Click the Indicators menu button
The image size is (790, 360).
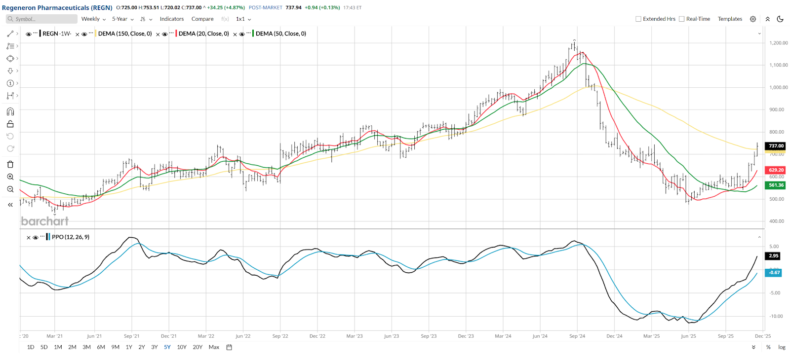171,19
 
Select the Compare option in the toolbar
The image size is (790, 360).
202,19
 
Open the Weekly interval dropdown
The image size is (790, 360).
93,19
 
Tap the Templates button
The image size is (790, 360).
730,19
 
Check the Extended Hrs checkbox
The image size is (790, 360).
638,19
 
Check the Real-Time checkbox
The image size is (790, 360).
682,19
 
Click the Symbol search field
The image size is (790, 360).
42,19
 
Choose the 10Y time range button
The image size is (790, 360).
182,347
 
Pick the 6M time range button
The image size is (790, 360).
101,347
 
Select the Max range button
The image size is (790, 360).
214,347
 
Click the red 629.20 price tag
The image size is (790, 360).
776,170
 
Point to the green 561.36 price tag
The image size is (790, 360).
776,185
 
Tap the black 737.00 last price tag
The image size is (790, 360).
776,146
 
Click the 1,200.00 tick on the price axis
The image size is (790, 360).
779,43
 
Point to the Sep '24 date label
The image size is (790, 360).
577,336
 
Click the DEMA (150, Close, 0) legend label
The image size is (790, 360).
125,34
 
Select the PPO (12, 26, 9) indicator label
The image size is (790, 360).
71,237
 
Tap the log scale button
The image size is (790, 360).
782,347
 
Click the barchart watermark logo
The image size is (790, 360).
44,221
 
